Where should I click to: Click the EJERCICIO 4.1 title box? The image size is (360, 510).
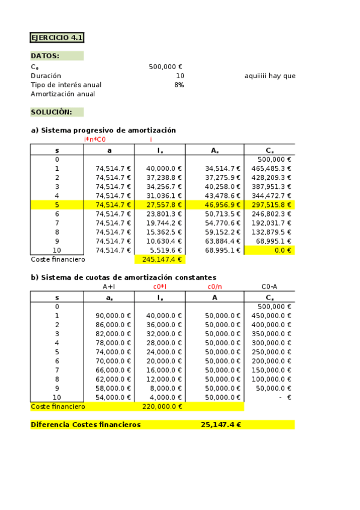coord(57,37)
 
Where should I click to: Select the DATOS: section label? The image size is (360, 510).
coord(45,56)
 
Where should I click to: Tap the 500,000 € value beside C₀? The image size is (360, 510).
coord(165,67)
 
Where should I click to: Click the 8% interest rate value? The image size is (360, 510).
coord(179,85)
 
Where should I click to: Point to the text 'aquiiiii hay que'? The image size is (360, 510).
coord(270,76)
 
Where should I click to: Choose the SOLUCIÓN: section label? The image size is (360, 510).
coord(52,112)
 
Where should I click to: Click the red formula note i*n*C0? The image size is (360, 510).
coord(95,140)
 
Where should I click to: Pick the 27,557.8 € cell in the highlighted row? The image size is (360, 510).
coord(164,204)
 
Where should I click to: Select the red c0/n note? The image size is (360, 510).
coord(215,286)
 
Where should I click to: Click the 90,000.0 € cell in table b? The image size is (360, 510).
coord(114,316)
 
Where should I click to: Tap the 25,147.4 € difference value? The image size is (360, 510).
coord(221,425)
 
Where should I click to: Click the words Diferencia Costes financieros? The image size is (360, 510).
coord(85,425)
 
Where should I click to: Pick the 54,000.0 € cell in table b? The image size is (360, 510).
coord(114,398)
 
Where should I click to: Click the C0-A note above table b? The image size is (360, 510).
coord(269,286)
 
